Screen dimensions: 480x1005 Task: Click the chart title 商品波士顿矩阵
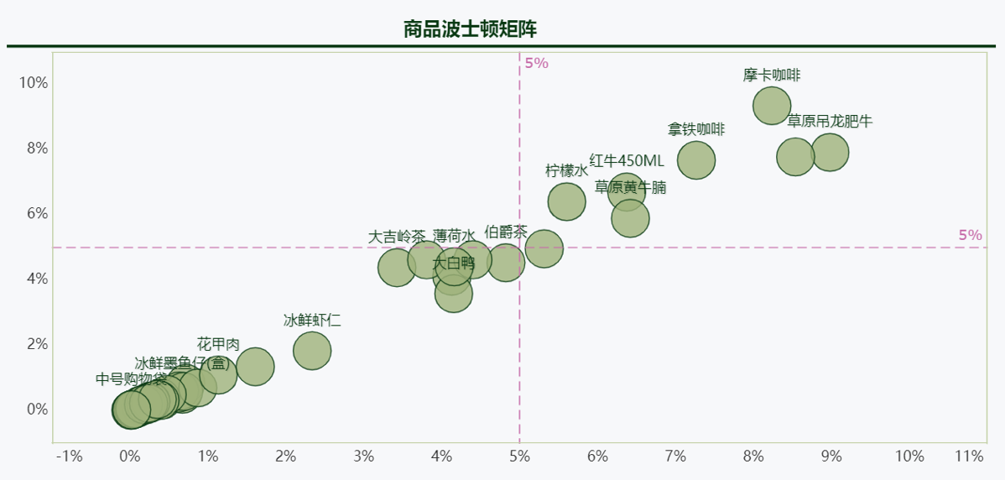coord(470,29)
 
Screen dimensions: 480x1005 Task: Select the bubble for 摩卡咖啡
coord(772,107)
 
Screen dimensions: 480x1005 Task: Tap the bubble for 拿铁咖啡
coord(696,160)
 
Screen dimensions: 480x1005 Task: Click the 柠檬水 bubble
coord(566,201)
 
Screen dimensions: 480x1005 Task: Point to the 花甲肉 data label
coord(218,344)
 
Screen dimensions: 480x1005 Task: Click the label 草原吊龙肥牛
coord(830,121)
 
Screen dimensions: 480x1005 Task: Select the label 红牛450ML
coord(626,160)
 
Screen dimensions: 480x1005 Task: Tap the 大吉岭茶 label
coord(397,237)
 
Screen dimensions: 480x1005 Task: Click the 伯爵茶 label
coord(506,232)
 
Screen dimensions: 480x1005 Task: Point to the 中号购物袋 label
coord(131,379)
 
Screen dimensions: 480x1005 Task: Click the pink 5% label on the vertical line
coord(536,63)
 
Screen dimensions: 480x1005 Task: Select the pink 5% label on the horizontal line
coord(970,235)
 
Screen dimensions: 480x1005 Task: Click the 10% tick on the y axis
coord(34,82)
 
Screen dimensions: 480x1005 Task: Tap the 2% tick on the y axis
coord(37,344)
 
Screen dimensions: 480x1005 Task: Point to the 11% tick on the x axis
coord(969,457)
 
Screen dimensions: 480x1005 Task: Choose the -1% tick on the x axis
coord(69,457)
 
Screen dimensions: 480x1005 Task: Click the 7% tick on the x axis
coord(675,457)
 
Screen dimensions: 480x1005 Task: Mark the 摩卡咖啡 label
coord(772,75)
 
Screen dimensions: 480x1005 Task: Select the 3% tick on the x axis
coord(363,457)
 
